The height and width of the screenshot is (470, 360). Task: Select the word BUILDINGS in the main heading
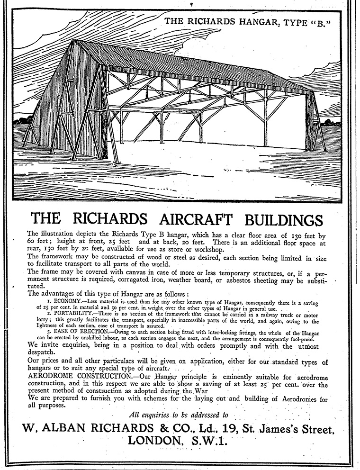click(x=284, y=220)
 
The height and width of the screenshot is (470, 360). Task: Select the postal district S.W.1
click(x=209, y=441)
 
